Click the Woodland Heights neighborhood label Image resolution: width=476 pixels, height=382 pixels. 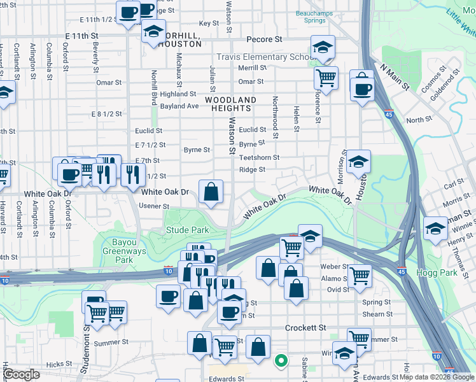pos(230,104)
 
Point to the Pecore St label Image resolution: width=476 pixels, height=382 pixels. pos(264,39)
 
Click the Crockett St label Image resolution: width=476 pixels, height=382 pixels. pos(305,327)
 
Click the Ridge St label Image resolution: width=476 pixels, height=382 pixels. pos(252,170)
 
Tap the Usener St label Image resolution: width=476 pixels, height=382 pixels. pos(155,206)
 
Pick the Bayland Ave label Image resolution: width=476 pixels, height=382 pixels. pos(180,106)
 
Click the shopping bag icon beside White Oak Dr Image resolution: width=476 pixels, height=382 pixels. pos(211,190)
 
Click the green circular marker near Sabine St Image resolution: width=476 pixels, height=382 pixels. pos(280,362)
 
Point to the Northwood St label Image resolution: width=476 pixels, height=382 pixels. pos(275,117)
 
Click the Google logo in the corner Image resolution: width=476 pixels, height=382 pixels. pos(22,374)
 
